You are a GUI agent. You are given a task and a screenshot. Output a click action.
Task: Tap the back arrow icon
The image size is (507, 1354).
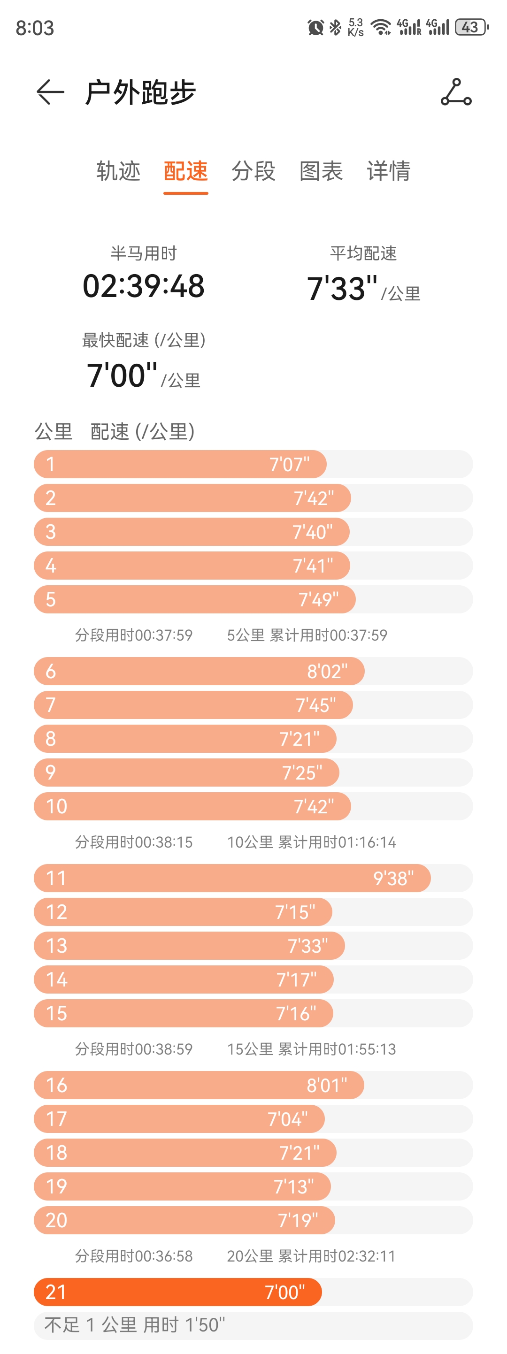pyautogui.click(x=50, y=92)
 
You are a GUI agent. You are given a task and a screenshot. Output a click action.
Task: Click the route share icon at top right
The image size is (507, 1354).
pyautogui.click(x=456, y=92)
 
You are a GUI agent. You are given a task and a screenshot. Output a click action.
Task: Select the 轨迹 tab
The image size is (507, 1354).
pyautogui.click(x=118, y=171)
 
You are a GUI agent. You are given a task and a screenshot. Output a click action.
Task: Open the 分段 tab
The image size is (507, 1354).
pyautogui.click(x=253, y=171)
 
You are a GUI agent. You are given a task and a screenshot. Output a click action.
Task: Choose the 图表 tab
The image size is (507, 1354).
pyautogui.click(x=321, y=171)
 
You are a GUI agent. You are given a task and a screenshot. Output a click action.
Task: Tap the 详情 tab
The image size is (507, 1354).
pyautogui.click(x=388, y=171)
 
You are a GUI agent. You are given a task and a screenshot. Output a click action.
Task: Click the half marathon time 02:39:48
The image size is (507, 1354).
pyautogui.click(x=144, y=286)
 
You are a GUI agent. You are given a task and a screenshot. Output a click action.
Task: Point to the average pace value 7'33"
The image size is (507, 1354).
pyautogui.click(x=342, y=289)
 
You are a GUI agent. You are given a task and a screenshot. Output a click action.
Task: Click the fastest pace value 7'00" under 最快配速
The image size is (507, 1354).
pyautogui.click(x=122, y=375)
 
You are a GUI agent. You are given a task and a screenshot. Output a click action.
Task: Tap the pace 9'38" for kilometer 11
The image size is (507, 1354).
pyautogui.click(x=393, y=878)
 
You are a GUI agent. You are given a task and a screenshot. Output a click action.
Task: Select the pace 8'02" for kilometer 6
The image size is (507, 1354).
pyautogui.click(x=327, y=671)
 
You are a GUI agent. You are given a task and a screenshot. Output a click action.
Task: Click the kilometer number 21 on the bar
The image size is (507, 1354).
pyautogui.click(x=56, y=1292)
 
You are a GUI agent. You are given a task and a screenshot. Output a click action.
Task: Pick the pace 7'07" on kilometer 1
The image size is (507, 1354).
pyautogui.click(x=289, y=465)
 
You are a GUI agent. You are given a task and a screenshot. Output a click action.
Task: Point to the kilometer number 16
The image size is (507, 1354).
pyautogui.click(x=56, y=1085)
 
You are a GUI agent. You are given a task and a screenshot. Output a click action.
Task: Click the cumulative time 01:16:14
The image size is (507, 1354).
pyautogui.click(x=367, y=842)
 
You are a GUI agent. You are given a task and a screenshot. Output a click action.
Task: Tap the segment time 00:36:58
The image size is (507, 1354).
pyautogui.click(x=163, y=1256)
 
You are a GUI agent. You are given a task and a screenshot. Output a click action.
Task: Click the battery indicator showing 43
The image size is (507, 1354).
pyautogui.click(x=471, y=27)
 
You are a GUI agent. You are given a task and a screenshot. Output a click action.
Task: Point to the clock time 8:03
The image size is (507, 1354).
pyautogui.click(x=35, y=28)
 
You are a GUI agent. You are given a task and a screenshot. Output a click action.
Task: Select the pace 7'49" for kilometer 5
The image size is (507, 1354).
pyautogui.click(x=318, y=600)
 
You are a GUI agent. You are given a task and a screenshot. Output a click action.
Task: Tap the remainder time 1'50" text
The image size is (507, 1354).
pyautogui.click(x=206, y=1325)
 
